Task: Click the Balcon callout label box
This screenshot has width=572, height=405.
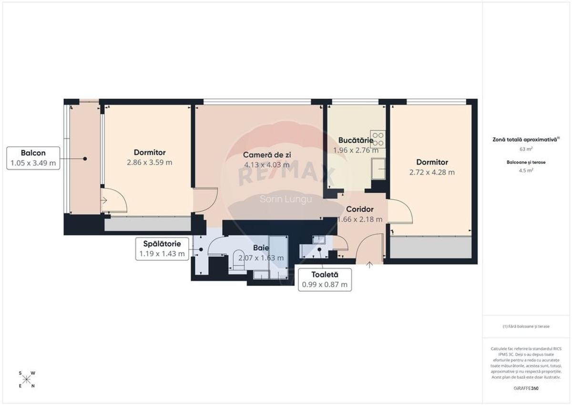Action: tap(33, 158)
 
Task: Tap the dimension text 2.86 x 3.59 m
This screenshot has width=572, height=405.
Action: tap(150, 162)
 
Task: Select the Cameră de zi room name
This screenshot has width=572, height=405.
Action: tap(267, 155)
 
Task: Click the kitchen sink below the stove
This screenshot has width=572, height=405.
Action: tap(378, 169)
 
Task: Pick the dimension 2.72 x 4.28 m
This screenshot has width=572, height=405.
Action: tap(432, 172)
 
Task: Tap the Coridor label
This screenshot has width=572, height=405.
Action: tap(359, 209)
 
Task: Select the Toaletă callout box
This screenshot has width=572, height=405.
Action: tap(324, 280)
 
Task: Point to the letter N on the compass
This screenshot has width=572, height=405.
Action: tap(32, 386)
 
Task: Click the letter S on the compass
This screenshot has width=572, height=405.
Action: tap(20, 373)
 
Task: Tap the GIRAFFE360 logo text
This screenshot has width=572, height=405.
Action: tap(527, 388)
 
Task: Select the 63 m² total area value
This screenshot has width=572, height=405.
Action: tap(526, 149)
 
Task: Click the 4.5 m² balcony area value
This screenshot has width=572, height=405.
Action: tap(526, 170)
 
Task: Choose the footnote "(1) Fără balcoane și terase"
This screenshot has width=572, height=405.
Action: tap(526, 326)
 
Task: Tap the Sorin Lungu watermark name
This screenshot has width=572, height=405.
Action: tap(286, 199)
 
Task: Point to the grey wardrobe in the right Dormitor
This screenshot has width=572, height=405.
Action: tap(430, 248)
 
